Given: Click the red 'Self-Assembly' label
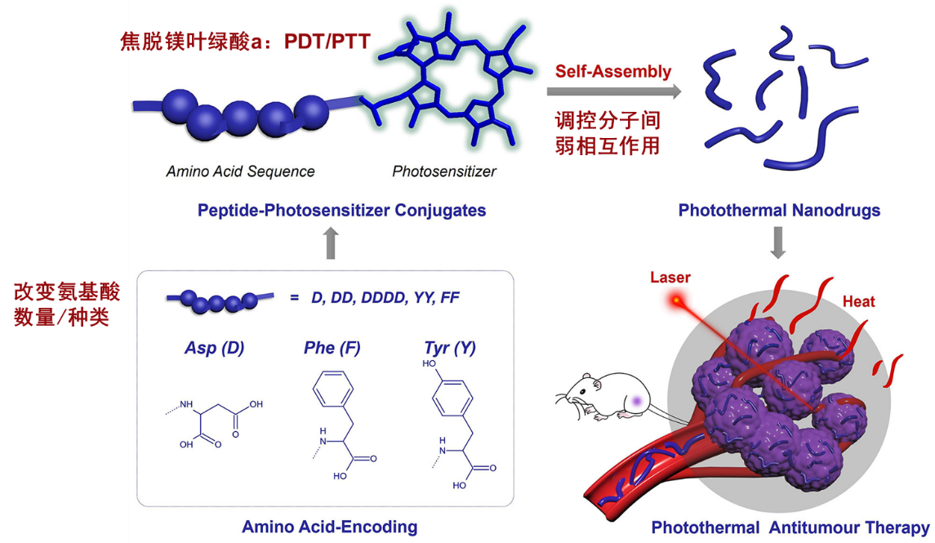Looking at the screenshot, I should tap(613, 71).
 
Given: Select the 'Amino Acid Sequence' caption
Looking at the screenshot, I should tap(240, 171).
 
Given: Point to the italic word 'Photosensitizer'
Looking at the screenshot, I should tap(444, 171).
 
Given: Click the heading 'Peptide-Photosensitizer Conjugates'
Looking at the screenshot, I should tap(341, 211).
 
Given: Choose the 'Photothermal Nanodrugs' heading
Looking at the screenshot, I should tap(779, 211).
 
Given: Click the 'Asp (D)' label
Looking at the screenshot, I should tap(214, 348).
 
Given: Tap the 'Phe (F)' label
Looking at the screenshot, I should tap(332, 348).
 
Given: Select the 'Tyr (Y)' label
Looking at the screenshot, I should tap(450, 348).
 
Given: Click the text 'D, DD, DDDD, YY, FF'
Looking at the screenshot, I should tap(385, 298).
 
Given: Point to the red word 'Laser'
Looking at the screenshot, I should tap(670, 278).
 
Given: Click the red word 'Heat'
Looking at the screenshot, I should tap(858, 301).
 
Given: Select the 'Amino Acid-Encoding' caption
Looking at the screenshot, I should tap(329, 527).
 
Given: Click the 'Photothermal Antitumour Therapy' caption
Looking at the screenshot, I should tap(790, 527).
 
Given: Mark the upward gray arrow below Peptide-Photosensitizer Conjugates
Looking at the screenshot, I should tap(330, 243).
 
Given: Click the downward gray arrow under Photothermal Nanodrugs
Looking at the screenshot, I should tap(778, 243).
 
